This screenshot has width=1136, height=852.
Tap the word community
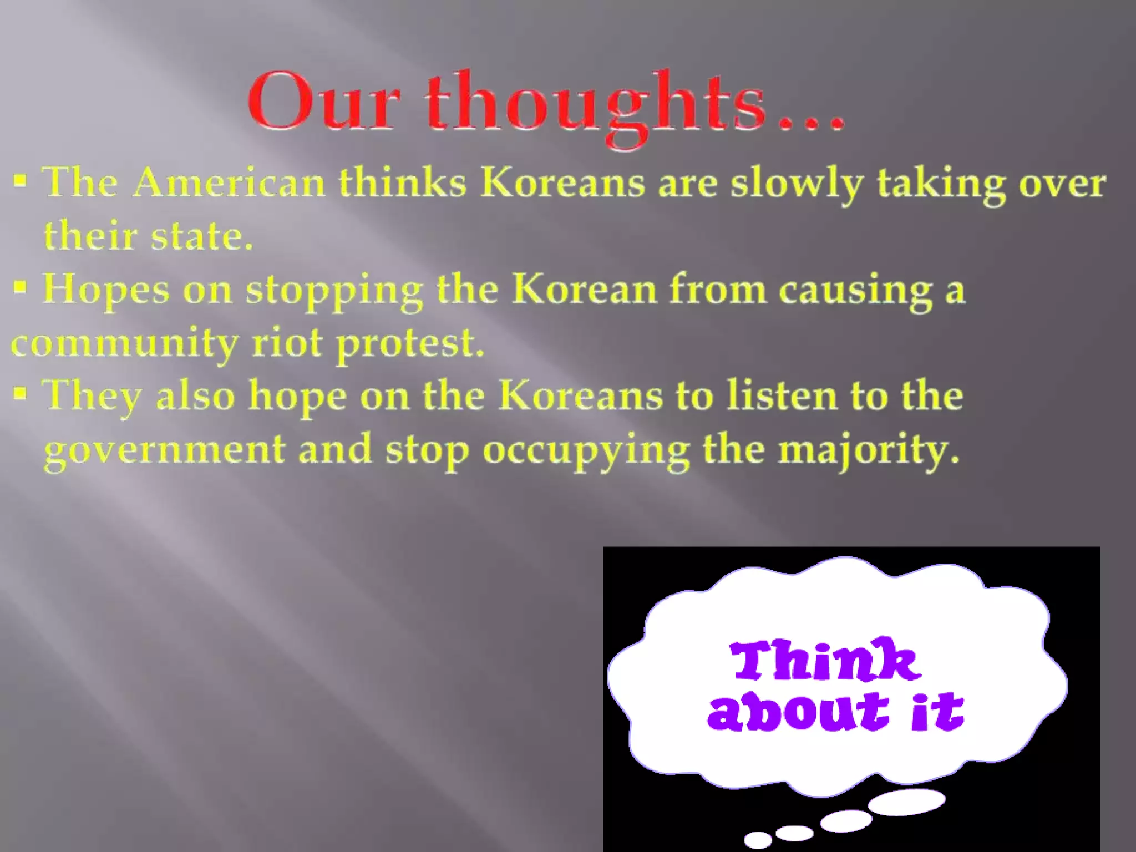pos(124,344)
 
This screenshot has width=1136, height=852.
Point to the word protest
pos(410,344)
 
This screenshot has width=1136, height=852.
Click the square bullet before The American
pos(21,181)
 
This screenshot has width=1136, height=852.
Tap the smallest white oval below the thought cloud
pos(758,839)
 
